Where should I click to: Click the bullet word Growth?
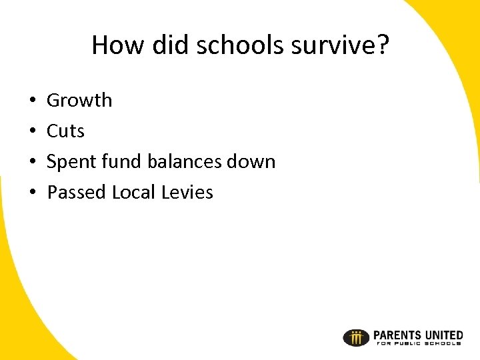(x=79, y=101)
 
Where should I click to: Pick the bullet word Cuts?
(x=65, y=131)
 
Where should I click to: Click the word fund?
(x=119, y=162)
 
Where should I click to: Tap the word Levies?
(x=187, y=193)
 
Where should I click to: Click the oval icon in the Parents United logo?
(x=356, y=338)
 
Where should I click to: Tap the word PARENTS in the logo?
(x=398, y=335)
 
